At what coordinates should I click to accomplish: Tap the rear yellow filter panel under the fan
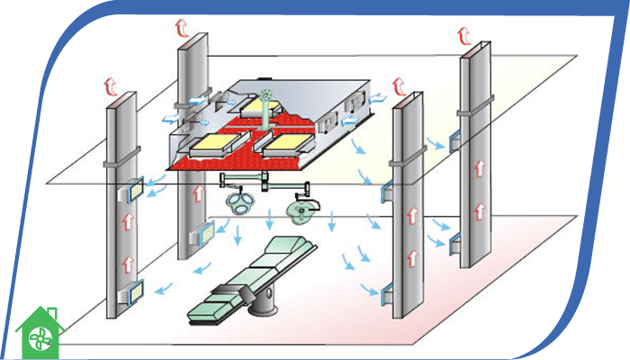267,110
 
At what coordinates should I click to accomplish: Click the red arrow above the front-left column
112,86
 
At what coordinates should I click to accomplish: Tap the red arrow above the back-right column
464,35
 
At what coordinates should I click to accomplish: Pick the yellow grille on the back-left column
203,233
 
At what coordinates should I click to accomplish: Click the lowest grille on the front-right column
388,292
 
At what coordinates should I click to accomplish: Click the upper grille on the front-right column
388,191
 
